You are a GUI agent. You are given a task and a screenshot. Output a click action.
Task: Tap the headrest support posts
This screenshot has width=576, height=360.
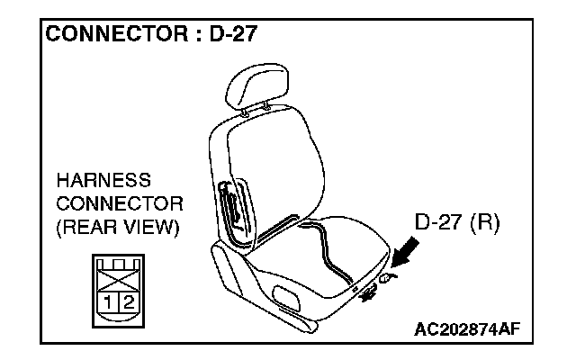[256, 111]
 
